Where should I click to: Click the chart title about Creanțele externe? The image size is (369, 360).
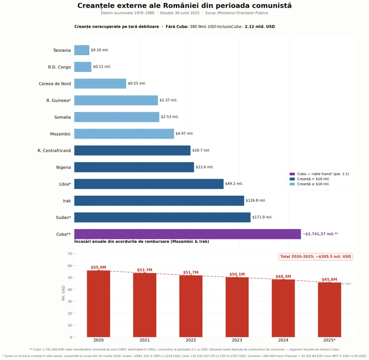(184, 6)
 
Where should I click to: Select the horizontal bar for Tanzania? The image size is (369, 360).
(82, 50)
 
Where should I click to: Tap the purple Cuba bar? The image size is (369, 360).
(187, 234)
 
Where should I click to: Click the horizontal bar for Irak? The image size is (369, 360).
(159, 201)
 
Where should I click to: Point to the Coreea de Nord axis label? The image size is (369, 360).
(55, 84)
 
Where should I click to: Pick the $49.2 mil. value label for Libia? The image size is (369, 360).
(234, 184)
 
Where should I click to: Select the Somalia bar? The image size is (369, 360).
(117, 117)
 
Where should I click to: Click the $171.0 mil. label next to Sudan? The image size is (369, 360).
(262, 217)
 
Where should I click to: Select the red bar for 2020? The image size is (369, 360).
(98, 303)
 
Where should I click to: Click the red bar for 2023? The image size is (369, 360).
(237, 307)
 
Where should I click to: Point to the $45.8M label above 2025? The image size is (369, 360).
(329, 279)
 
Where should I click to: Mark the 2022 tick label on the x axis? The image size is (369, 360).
(190, 340)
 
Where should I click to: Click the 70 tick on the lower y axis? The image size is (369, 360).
(70, 253)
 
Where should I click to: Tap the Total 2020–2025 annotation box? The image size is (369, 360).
(315, 257)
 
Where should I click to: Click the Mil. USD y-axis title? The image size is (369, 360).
(63, 293)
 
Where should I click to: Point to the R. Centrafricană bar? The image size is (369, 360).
(132, 150)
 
